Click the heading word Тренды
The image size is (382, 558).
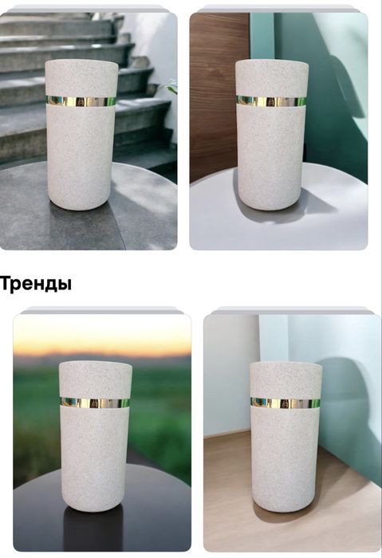(x=36, y=284)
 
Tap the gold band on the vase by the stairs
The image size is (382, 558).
(x=81, y=101)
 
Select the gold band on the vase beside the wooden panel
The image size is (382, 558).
(x=271, y=101)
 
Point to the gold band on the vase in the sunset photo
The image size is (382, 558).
(x=96, y=403)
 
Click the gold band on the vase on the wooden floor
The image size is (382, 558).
(x=285, y=403)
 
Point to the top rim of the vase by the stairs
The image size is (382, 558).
(x=81, y=61)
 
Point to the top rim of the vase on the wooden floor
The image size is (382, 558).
(x=285, y=365)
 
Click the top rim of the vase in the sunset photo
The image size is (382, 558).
(x=96, y=364)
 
